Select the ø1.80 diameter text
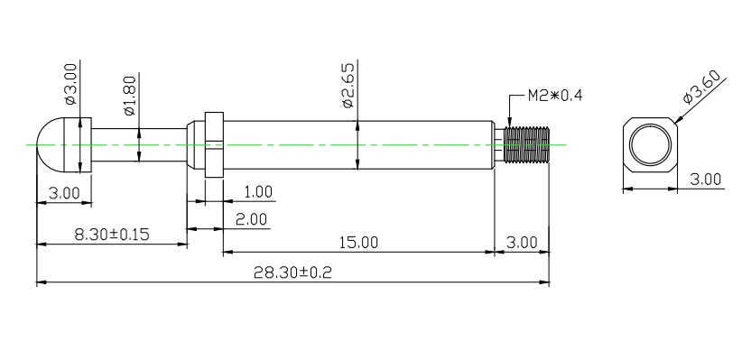[x=130, y=96]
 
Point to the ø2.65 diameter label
[x=348, y=85]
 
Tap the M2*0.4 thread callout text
[x=555, y=96]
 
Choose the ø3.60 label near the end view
[x=701, y=87]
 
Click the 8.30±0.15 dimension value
[x=112, y=235]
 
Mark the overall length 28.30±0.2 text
[x=292, y=272]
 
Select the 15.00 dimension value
[x=358, y=243]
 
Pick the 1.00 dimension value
[x=258, y=192]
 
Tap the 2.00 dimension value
[x=252, y=219]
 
